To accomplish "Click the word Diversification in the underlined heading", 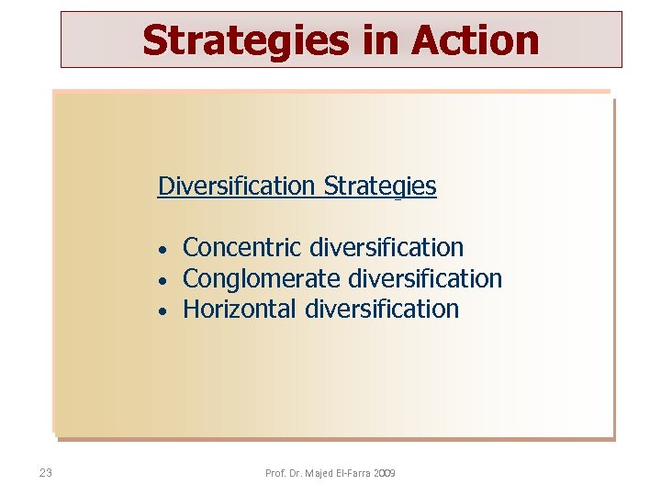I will [x=237, y=186].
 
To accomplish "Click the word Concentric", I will [x=242, y=247].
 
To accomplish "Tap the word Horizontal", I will [x=240, y=309].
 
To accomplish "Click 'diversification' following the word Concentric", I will [x=387, y=247].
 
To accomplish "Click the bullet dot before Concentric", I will [x=161, y=250].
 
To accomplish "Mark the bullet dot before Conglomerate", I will [x=161, y=280].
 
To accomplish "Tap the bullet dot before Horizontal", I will [x=161, y=311].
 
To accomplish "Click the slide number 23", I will [x=46, y=473].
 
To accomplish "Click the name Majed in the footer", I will [x=318, y=473].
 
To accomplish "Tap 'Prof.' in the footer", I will [x=274, y=473].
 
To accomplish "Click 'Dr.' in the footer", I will [x=294, y=473].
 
